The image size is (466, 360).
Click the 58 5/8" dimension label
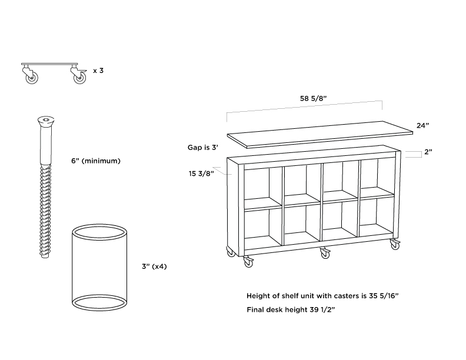pyautogui.click(x=313, y=98)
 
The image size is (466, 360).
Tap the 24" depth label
pyautogui.click(x=422, y=125)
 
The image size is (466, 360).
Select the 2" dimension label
pyautogui.click(x=428, y=152)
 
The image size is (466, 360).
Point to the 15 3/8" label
pyautogui.click(x=201, y=174)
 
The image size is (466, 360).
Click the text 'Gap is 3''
pyautogui.click(x=202, y=147)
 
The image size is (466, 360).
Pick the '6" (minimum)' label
pyautogui.click(x=96, y=161)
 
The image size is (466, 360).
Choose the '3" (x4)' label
pyautogui.click(x=154, y=266)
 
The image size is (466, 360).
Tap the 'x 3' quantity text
pyautogui.click(x=98, y=71)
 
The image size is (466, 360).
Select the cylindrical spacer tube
pyautogui.click(x=100, y=267)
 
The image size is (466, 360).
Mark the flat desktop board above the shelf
pyautogui.click(x=320, y=135)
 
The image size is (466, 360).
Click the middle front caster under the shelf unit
pyautogui.click(x=325, y=253)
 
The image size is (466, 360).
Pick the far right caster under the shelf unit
pyautogui.click(x=395, y=244)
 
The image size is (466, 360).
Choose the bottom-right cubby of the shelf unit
pyautogui.click(x=377, y=217)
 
